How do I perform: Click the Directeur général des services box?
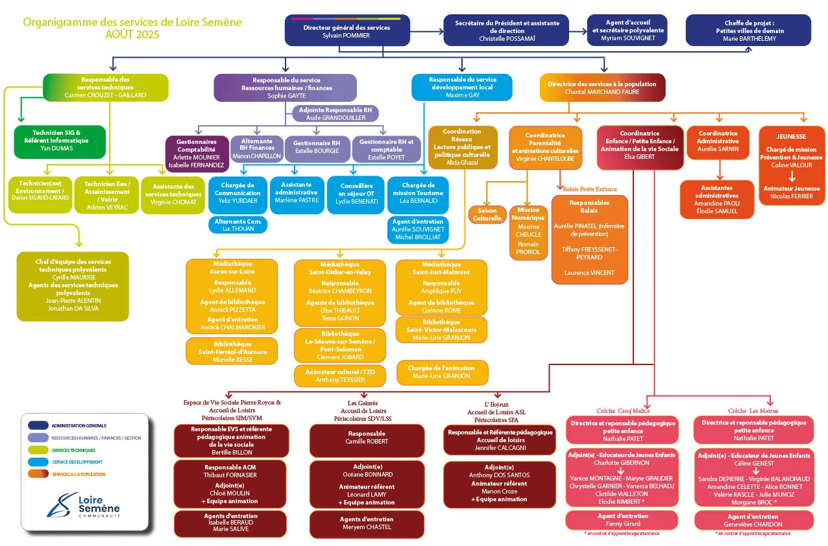pyautogui.click(x=347, y=31)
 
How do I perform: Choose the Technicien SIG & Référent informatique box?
pyautogui.click(x=59, y=141)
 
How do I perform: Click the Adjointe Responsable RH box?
pyautogui.click(x=335, y=114)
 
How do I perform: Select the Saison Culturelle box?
pyautogui.click(x=487, y=215)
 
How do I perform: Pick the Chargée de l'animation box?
pyautogui.click(x=443, y=372)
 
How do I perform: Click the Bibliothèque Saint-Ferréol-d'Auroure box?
pyautogui.click(x=231, y=351)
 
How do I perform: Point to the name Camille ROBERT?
pyautogui.click(x=367, y=441)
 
